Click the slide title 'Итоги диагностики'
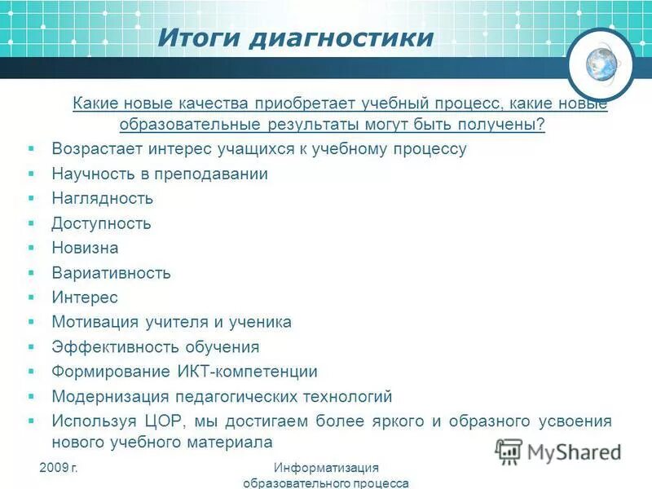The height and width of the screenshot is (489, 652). click(295, 38)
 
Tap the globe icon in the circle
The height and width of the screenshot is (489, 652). click(601, 64)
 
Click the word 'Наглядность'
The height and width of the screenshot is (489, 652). click(102, 198)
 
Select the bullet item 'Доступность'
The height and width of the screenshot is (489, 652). click(101, 223)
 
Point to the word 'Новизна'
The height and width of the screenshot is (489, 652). click(85, 248)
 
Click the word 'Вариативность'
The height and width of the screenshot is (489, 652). click(111, 272)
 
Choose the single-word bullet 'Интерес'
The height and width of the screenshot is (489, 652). click(85, 297)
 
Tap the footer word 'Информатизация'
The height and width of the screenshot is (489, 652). click(326, 467)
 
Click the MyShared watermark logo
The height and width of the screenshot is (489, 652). click(559, 452)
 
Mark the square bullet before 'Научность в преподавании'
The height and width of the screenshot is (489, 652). click(31, 174)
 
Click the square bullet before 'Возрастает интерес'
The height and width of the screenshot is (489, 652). click(31, 149)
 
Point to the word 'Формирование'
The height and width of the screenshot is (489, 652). click(103, 372)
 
